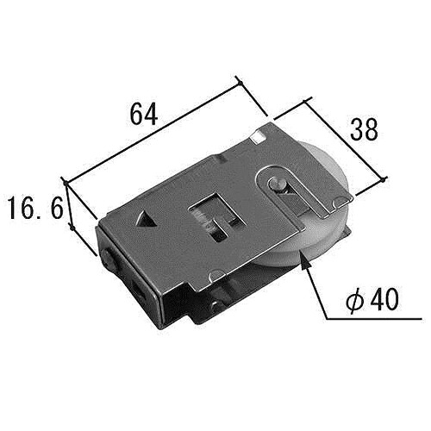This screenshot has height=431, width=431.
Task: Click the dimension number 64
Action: point(143,114)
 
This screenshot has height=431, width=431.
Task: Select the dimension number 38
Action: point(364,130)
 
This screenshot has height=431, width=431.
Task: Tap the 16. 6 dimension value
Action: point(36,208)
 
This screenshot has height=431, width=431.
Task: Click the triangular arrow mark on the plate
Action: point(146,221)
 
